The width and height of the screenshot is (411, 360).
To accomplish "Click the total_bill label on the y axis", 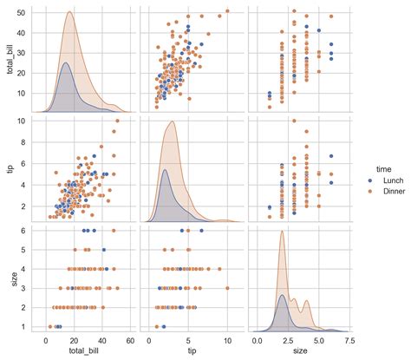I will pyautogui.click(x=9, y=60).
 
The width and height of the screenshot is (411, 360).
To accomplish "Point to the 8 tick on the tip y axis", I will pyautogui.click(x=27, y=141).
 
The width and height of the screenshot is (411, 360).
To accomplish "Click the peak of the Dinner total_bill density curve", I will pyautogui.click(x=69, y=12).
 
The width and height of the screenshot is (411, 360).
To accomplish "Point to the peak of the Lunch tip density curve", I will pyautogui.click(x=165, y=169).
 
